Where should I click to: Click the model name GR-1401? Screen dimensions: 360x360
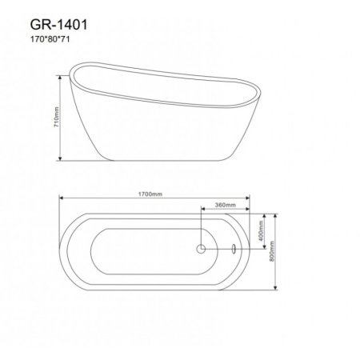(58, 25)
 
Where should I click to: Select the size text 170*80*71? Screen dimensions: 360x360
(50, 39)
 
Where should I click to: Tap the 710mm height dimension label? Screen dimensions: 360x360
(56, 117)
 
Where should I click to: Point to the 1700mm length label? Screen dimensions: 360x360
(150, 194)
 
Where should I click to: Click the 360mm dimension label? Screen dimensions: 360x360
(226, 205)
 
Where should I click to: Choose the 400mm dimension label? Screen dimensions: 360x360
(261, 230)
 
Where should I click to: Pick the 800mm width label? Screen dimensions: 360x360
(272, 251)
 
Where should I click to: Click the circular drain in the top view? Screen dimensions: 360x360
(201, 249)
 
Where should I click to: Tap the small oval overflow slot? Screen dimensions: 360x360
(234, 249)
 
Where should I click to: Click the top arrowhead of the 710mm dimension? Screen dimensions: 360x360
(60, 78)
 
